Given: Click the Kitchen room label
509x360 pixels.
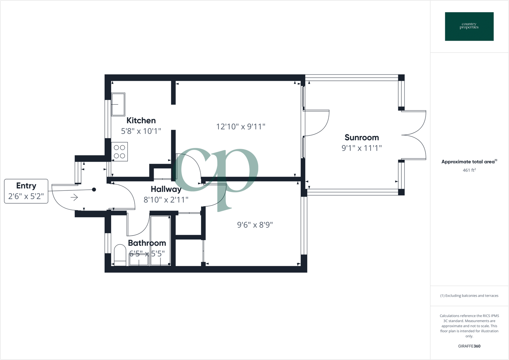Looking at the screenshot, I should tap(141, 121).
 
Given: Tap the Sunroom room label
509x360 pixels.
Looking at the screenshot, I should tap(361, 137).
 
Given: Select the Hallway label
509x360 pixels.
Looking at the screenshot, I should tap(166, 189).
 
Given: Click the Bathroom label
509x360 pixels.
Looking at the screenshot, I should tap(147, 243).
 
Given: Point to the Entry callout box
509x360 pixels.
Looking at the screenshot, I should tap(26, 191).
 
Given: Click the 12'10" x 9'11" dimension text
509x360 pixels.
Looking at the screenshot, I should tap(240, 127).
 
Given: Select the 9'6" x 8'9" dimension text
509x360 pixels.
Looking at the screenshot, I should tap(255, 225).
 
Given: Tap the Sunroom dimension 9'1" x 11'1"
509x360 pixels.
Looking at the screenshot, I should tap(361, 148).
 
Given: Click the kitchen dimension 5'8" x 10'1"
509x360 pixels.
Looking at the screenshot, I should tap(141, 131).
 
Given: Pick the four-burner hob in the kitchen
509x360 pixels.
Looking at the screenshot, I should tap(119, 151).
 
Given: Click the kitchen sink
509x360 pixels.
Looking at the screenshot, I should tap(118, 104).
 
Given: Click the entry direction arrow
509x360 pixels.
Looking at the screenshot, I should tap(74, 197).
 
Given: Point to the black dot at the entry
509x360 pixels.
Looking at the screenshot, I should tap(94, 189).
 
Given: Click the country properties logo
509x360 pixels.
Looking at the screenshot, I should tap(469, 27).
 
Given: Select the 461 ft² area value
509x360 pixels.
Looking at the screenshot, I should tap(469, 170).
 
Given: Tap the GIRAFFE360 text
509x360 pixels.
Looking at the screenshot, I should tap(469, 346).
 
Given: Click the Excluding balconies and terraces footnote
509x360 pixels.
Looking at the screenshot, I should tap(469, 296).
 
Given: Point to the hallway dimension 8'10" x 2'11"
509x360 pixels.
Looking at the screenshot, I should tap(166, 200).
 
